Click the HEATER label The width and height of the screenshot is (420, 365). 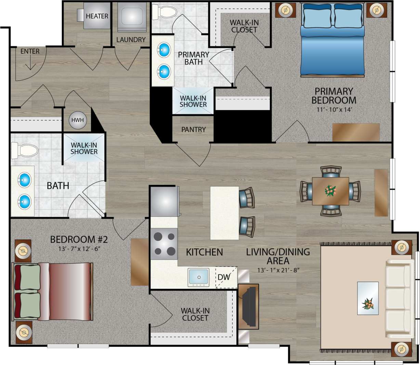pyautogui.click(x=97, y=16)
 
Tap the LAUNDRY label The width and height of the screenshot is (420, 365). pyautogui.click(x=131, y=40)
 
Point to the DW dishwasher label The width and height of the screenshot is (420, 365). pyautogui.click(x=224, y=277)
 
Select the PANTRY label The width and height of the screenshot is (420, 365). pyautogui.click(x=194, y=130)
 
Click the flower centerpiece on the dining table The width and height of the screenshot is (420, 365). pyautogui.click(x=330, y=191)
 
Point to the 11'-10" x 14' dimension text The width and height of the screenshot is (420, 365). pyautogui.click(x=333, y=110)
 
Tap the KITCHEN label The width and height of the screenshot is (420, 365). pyautogui.click(x=204, y=252)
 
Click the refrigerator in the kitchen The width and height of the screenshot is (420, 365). pyautogui.click(x=165, y=201)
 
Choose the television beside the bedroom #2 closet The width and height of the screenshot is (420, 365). pyautogui.click(x=249, y=306)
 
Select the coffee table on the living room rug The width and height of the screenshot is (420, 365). pyautogui.click(x=368, y=298)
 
